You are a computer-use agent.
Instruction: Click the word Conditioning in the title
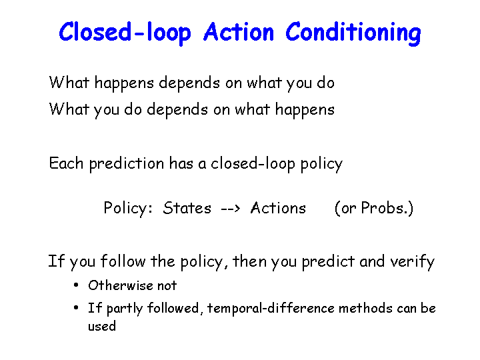coord(353,33)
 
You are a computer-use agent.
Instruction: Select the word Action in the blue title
coord(239,31)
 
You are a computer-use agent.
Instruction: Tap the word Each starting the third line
coord(66,163)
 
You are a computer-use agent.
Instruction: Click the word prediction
coord(127,164)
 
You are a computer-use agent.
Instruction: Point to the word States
coord(187,208)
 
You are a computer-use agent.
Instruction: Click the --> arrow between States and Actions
coord(231,209)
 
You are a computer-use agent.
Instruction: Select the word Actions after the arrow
coord(278,208)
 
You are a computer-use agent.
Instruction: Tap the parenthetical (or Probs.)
coord(374,209)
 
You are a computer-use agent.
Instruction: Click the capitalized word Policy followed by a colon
coord(128,209)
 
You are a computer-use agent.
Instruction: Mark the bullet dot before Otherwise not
coord(76,285)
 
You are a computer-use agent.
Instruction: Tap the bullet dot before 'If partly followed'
coord(76,307)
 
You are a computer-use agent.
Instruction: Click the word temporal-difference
coord(271,308)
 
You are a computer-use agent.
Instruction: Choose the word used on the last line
coord(102,326)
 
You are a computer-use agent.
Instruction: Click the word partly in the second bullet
coord(125,309)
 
